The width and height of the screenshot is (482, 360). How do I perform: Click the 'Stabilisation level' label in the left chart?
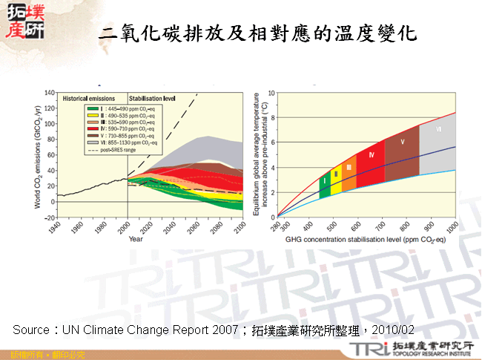[x=152, y=97]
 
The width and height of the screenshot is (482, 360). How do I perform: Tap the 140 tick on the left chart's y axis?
[x=50, y=93]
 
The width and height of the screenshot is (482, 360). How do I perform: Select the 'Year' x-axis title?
[x=136, y=240]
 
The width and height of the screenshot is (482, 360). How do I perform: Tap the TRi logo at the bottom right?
[x=369, y=349]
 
